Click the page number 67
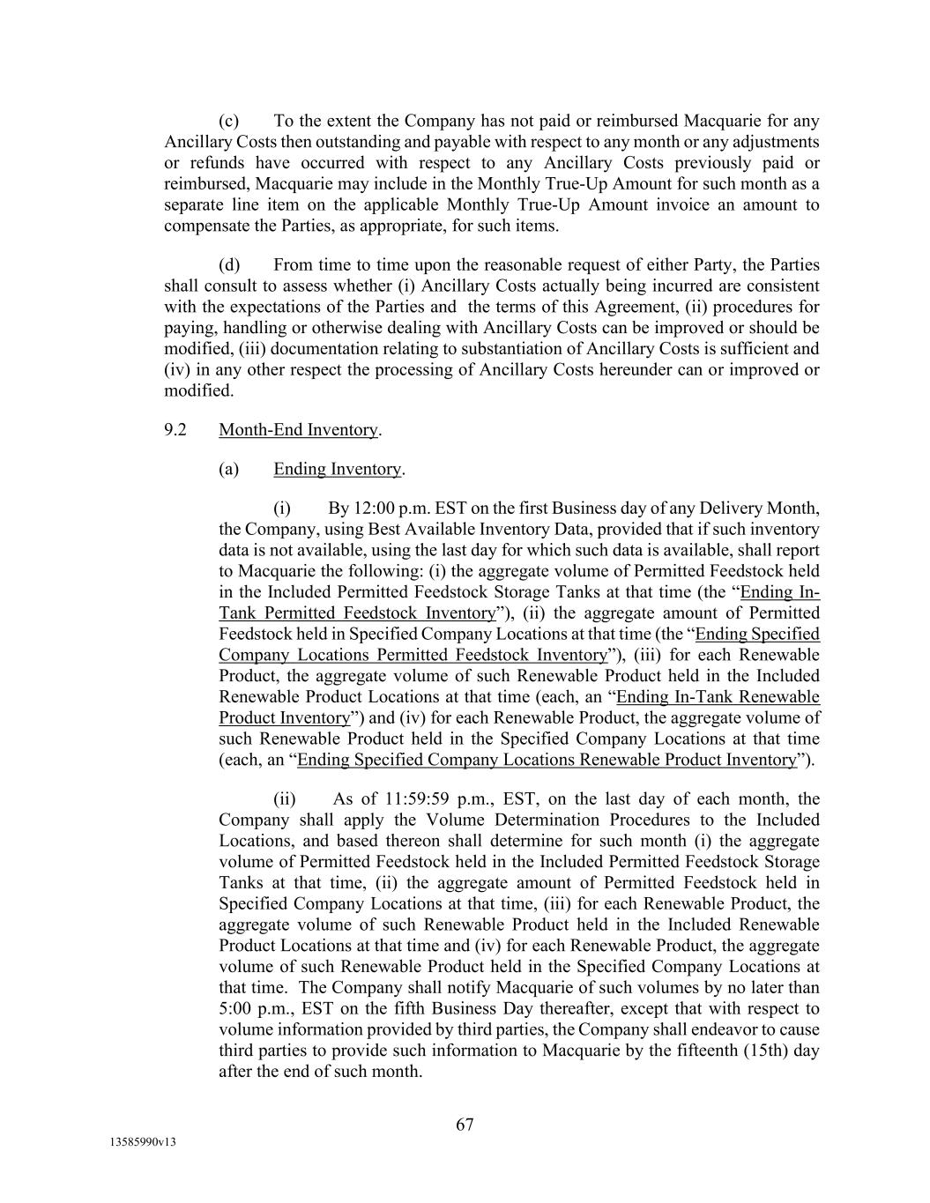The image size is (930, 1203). point(465,1125)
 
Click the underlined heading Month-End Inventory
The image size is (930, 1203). point(298,429)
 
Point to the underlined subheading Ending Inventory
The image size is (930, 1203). point(337,469)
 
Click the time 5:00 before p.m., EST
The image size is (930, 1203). point(235,1009)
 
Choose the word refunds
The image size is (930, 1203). point(204,163)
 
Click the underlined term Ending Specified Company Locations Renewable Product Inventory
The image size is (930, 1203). point(547,760)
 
